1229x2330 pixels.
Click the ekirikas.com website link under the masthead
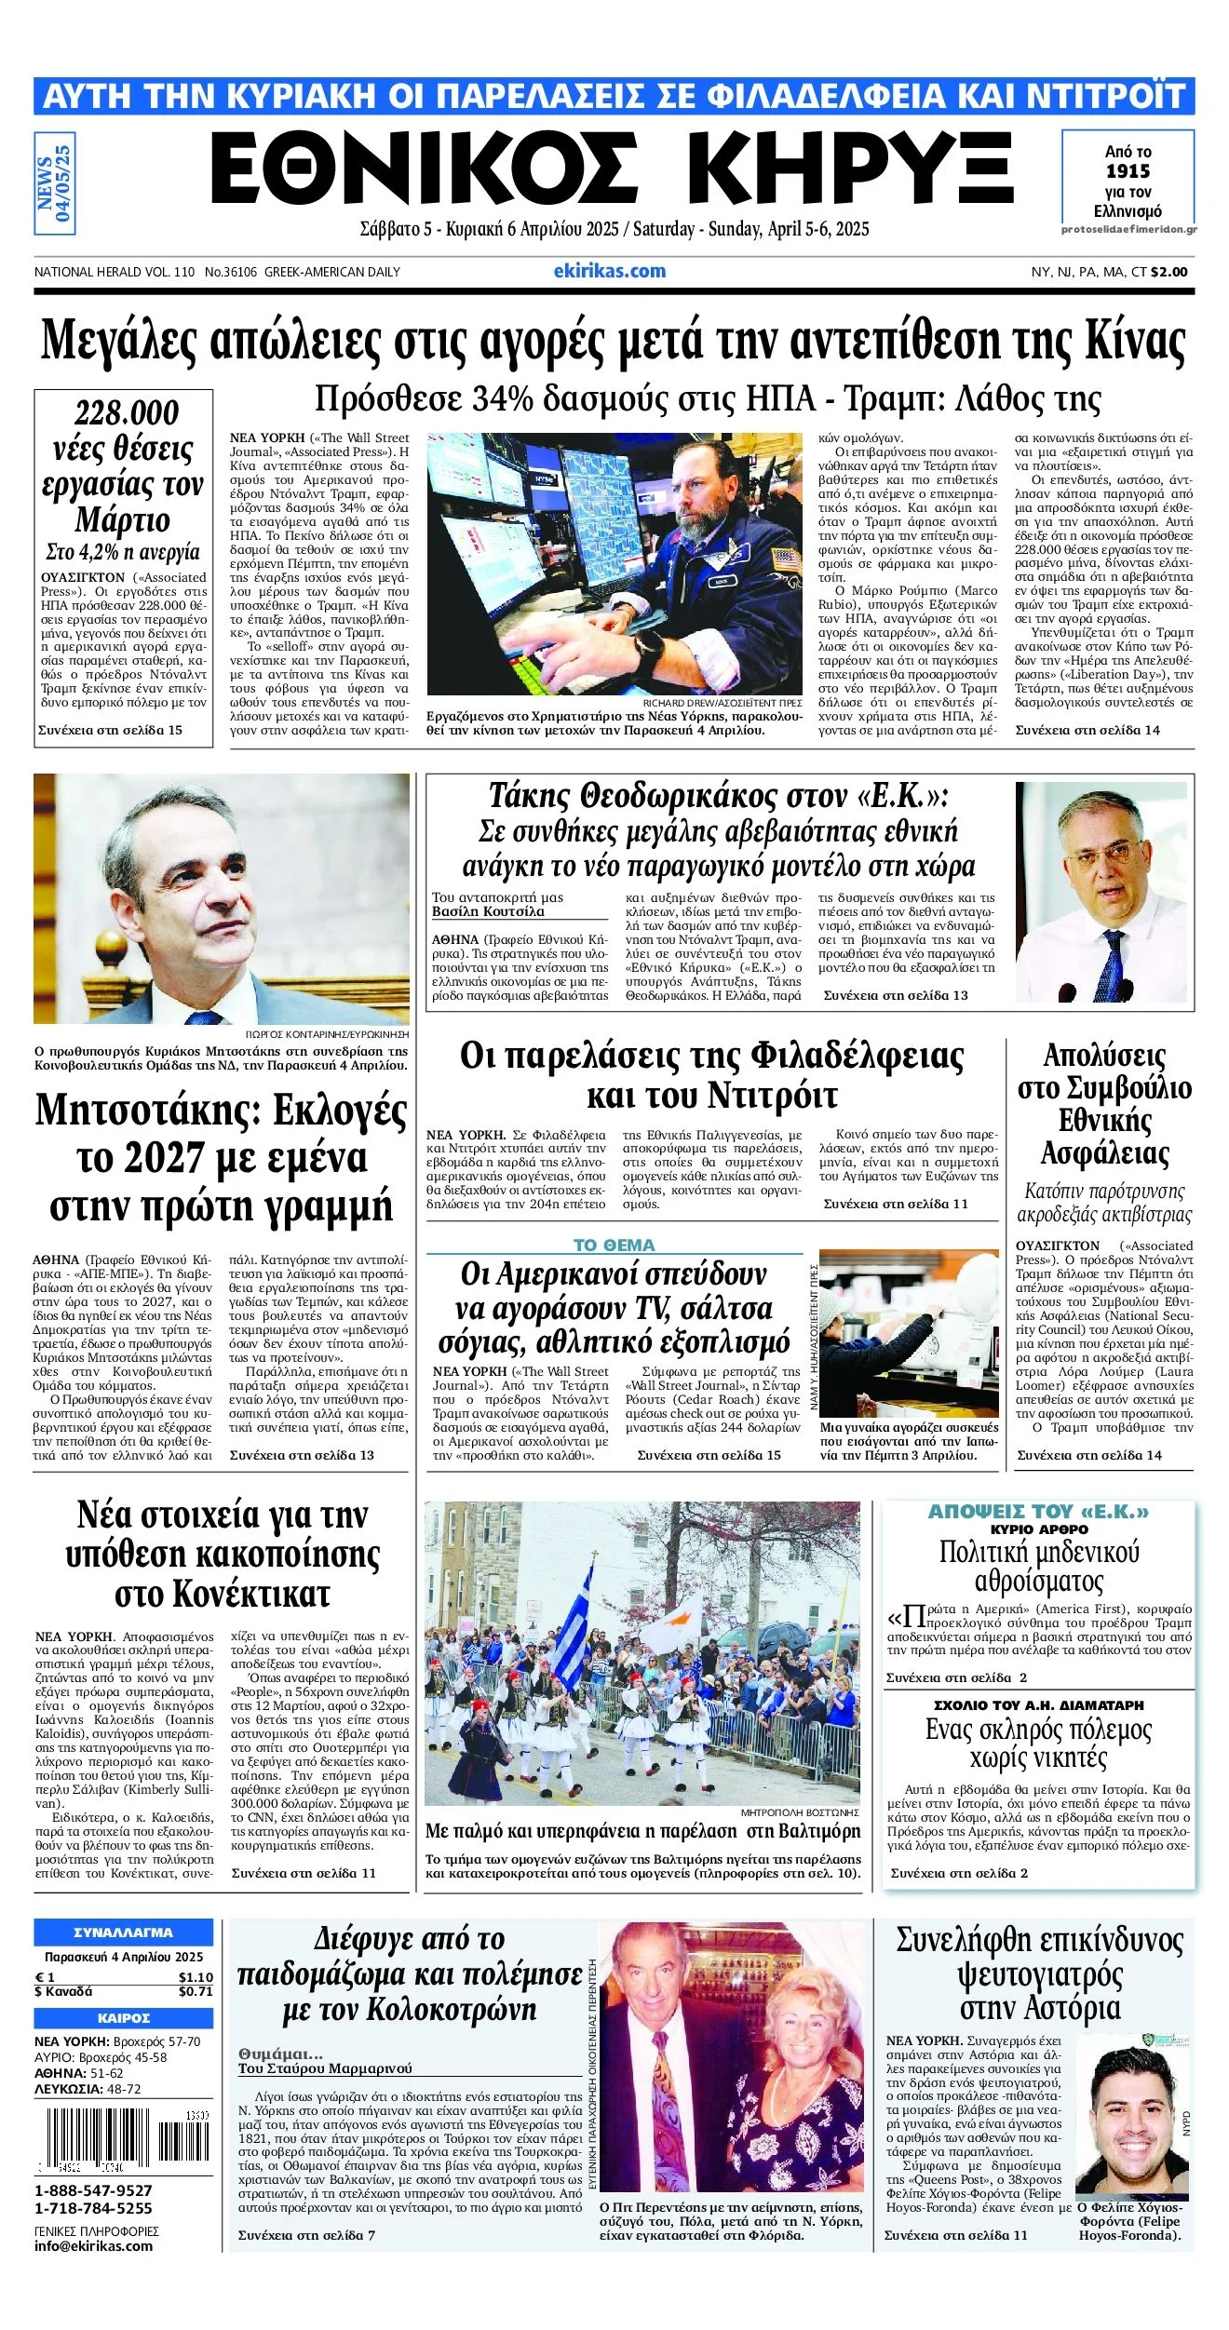pos(609,271)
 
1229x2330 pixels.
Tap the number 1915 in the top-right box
pos(1128,171)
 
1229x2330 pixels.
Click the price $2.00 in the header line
pos(1169,272)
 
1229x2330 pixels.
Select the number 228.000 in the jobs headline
pos(127,412)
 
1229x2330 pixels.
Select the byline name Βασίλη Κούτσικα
pos(488,911)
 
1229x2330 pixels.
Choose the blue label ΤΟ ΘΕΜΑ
pos(614,1245)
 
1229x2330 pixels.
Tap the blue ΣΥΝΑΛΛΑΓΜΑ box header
pos(123,1933)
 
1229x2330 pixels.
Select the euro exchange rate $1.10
pos(196,1977)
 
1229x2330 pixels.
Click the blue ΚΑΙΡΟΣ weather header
pos(123,2018)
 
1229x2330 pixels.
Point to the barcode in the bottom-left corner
pos(123,2139)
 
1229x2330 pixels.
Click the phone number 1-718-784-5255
pos(93,2208)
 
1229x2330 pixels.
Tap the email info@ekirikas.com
pos(93,2245)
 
